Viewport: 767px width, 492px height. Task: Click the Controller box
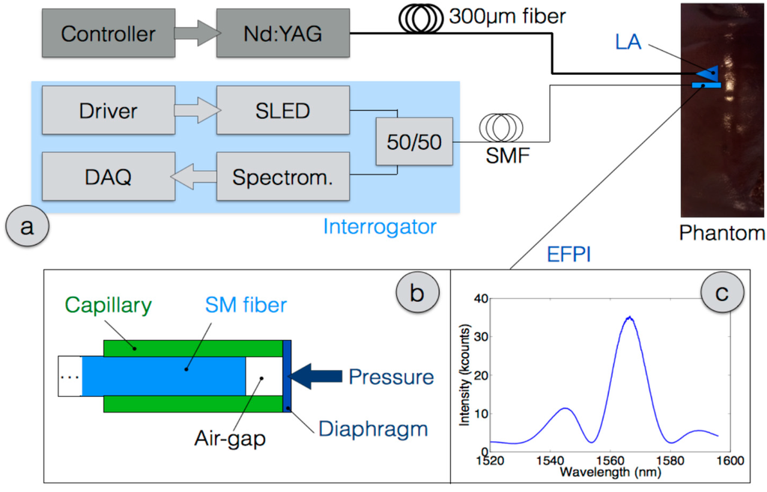[108, 34]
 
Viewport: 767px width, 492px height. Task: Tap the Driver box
[108, 112]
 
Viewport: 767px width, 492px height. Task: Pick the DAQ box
[108, 177]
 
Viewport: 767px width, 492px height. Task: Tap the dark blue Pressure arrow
[315, 377]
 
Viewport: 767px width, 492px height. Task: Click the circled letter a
[28, 225]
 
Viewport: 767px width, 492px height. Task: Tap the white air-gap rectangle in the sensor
[264, 377]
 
